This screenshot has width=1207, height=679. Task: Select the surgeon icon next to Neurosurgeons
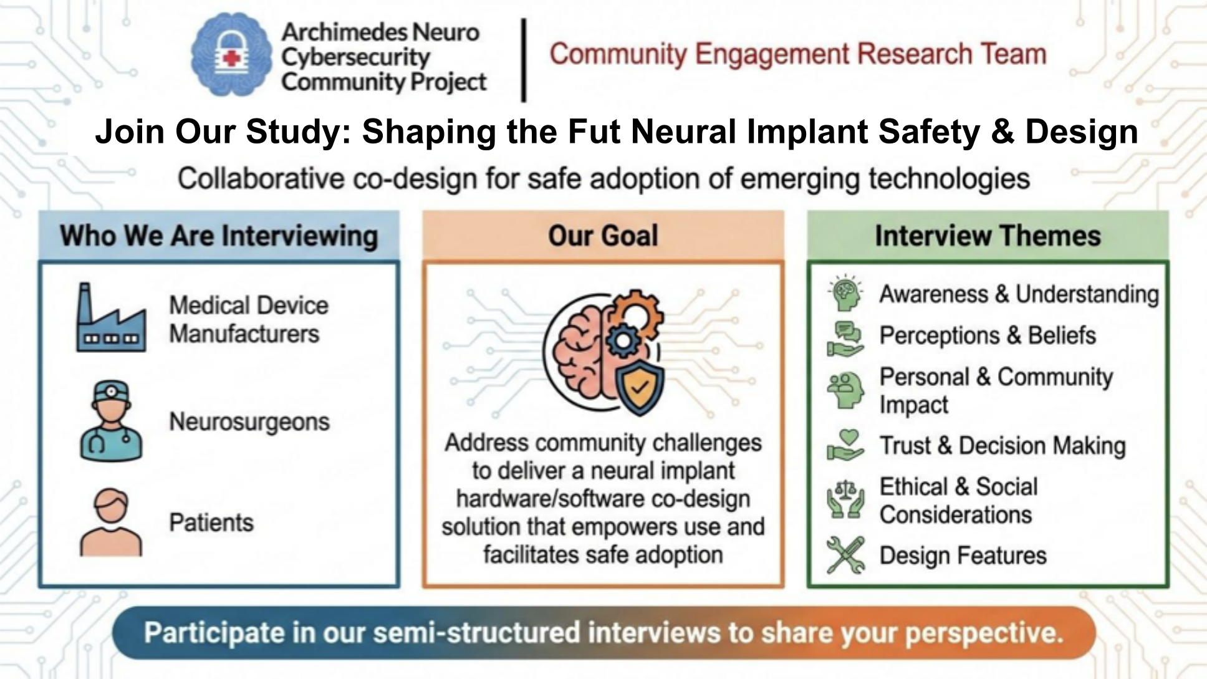(x=111, y=421)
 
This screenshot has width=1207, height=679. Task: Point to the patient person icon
(x=111, y=522)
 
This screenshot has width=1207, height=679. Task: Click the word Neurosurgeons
(x=249, y=422)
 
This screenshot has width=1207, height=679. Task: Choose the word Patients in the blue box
(x=211, y=522)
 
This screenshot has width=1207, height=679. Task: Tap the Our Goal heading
(x=603, y=236)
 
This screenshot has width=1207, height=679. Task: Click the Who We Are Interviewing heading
(x=219, y=236)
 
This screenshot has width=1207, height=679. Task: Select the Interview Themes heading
(x=988, y=236)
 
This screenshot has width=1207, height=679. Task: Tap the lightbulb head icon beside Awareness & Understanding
(x=845, y=293)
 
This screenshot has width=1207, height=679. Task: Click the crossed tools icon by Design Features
(x=845, y=554)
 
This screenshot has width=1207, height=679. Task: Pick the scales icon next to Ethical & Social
(x=845, y=499)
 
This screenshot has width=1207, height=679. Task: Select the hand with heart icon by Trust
(x=845, y=445)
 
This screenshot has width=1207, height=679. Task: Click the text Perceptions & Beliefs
(x=988, y=335)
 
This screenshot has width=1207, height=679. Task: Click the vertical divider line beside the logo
(x=524, y=60)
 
